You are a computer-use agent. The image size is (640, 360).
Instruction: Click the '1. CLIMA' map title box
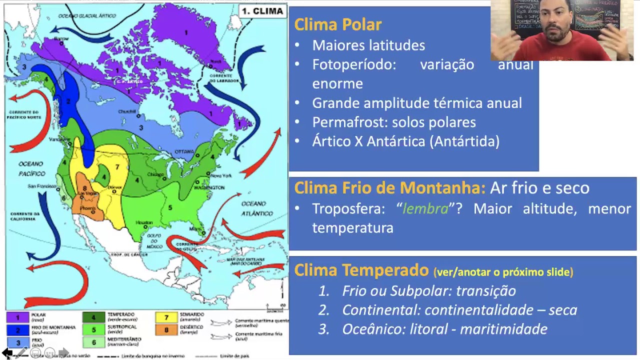(x=262, y=11)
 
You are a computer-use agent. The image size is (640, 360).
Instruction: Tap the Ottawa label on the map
(x=184, y=151)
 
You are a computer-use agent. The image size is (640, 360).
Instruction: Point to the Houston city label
(x=144, y=222)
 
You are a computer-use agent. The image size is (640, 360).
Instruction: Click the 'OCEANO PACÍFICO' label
(x=31, y=168)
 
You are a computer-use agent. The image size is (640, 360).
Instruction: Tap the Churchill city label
(x=127, y=111)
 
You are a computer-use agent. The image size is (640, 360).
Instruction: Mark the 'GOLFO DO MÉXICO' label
(x=154, y=241)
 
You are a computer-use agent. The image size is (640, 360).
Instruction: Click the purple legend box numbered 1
(x=18, y=317)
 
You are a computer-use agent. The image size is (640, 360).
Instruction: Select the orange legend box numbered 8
(x=166, y=330)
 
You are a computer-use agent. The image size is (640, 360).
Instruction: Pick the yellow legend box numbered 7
(x=166, y=317)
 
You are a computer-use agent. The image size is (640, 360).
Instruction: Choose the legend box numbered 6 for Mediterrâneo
(x=93, y=342)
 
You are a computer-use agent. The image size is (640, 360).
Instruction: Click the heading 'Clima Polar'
(x=338, y=24)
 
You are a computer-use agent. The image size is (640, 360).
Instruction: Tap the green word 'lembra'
(x=425, y=208)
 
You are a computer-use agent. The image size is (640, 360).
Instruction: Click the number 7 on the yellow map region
(x=117, y=167)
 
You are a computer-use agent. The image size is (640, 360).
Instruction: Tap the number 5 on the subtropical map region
(x=170, y=207)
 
